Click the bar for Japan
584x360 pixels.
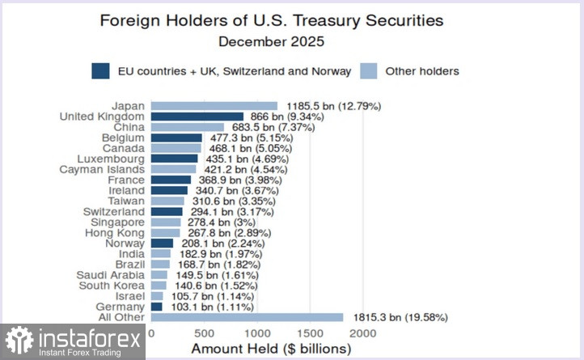tap(214, 106)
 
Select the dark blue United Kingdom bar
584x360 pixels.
tap(197, 116)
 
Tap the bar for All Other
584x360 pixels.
tap(247, 317)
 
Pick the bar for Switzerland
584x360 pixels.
tap(167, 211)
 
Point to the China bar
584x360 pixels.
tap(188, 127)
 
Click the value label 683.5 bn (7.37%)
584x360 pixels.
tap(273, 127)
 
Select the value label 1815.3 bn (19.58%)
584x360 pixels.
tap(401, 317)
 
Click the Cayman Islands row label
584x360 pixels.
tap(103, 169)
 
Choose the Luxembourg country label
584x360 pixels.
tap(112, 159)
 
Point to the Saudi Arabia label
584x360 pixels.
tap(112, 274)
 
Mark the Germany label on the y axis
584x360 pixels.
tap(121, 307)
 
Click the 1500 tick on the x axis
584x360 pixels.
tap(311, 333)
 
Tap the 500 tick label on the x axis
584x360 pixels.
tap(205, 333)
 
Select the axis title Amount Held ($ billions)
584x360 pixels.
tap(270, 349)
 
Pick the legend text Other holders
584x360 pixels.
tap(421, 71)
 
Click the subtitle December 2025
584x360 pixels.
tap(272, 40)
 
